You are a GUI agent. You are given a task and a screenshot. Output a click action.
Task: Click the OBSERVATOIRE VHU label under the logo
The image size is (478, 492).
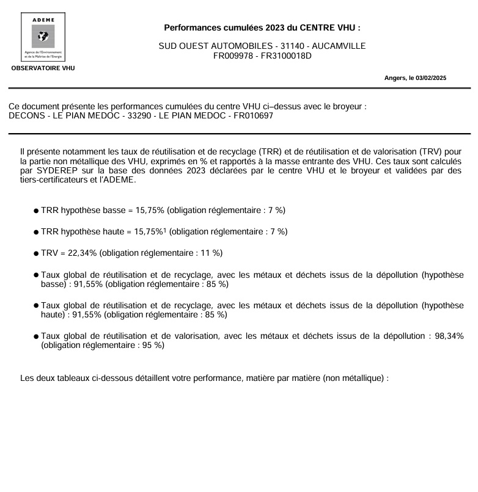43,68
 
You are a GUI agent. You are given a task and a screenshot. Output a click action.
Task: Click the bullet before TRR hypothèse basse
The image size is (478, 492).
37,211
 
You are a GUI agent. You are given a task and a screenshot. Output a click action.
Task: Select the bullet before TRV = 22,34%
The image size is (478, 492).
37,253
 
